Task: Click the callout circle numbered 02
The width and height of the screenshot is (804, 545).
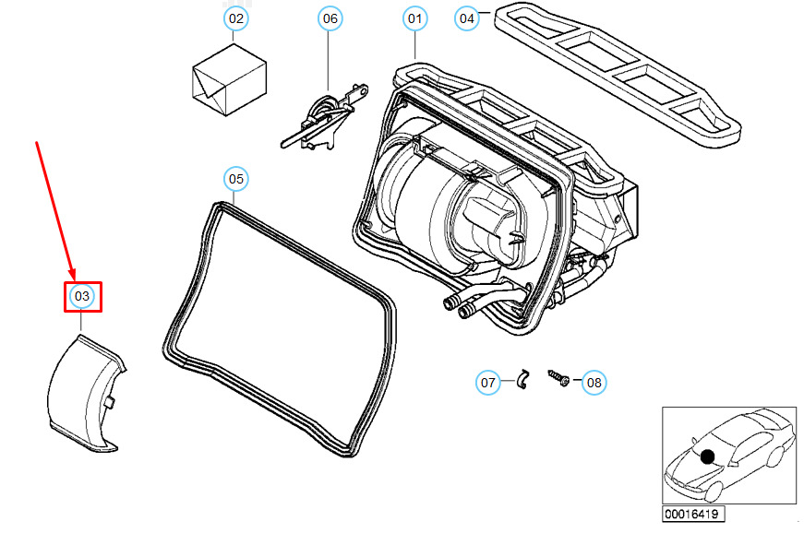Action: (236, 19)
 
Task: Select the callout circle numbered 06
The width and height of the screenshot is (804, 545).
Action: (330, 19)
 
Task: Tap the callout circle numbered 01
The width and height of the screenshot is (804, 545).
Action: (414, 19)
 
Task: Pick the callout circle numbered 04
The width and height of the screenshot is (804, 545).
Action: (467, 19)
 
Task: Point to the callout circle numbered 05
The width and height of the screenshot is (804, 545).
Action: (236, 179)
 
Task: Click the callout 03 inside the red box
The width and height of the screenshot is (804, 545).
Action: (82, 296)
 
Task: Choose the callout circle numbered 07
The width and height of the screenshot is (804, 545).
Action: (488, 382)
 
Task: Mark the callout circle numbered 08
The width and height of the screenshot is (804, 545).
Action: (594, 382)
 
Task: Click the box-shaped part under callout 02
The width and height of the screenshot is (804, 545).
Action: (229, 79)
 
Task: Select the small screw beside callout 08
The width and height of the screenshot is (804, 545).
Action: (558, 378)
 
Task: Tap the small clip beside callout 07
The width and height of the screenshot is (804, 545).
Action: (522, 378)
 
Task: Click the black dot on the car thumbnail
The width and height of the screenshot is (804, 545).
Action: (708, 456)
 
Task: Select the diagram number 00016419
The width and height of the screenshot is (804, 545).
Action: (692, 514)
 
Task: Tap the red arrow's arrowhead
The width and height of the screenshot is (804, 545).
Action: (71, 274)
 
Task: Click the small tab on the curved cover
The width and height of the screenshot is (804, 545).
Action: (109, 403)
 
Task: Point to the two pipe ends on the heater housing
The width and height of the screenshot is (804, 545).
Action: (458, 306)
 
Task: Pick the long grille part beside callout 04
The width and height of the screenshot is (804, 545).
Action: (618, 76)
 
